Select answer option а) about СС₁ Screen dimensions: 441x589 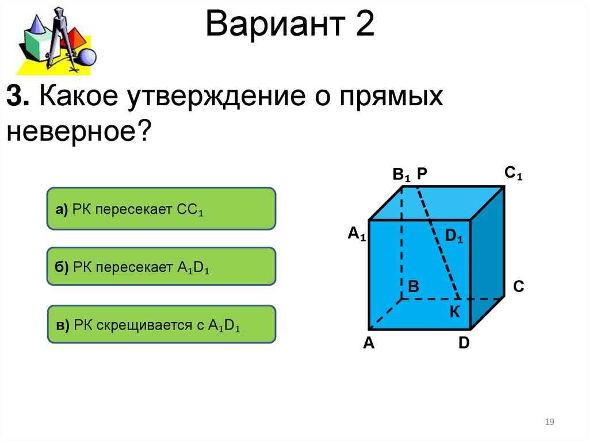[161, 209]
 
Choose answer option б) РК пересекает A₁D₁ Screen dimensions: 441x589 [161, 266]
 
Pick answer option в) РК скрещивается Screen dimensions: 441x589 [161, 324]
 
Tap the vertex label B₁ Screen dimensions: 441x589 [401, 174]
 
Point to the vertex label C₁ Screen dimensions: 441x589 [513, 173]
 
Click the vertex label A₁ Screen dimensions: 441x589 [356, 234]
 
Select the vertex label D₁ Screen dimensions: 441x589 [454, 236]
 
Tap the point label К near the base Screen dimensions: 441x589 [454, 312]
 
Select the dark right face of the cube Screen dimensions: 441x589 [488, 259]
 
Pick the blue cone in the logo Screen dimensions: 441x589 [36, 26]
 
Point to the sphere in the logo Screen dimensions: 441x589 [87, 57]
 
